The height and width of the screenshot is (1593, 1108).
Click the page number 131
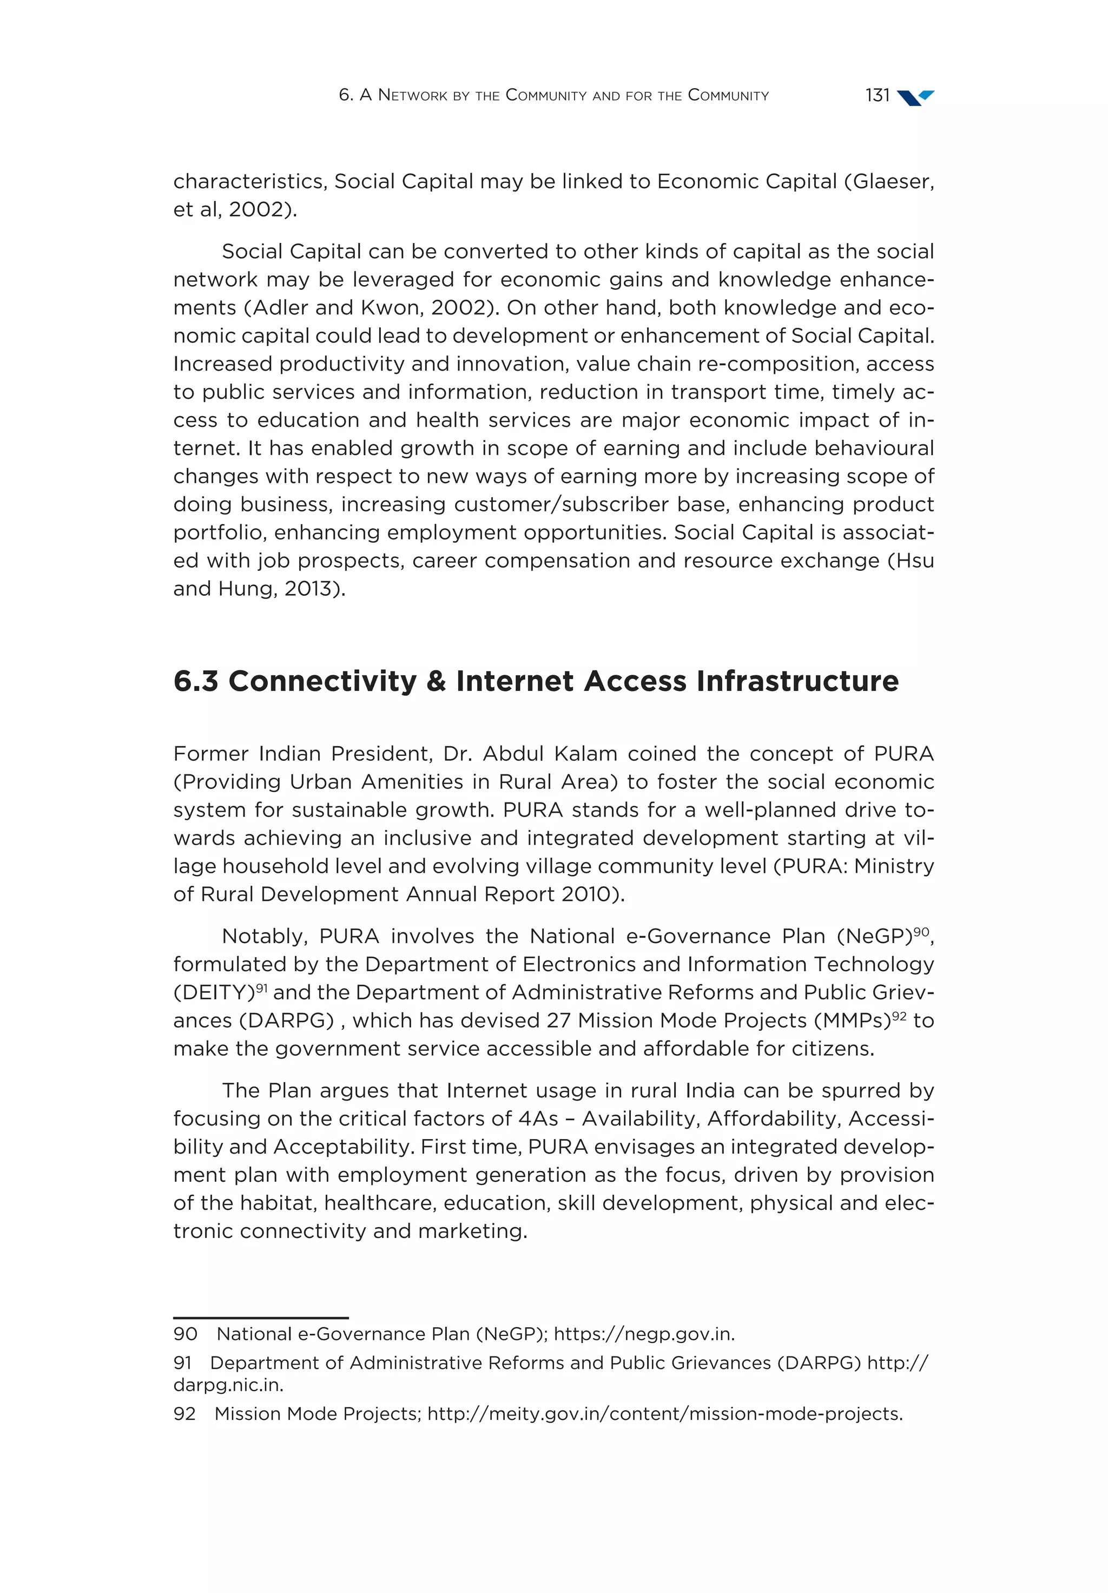[877, 96]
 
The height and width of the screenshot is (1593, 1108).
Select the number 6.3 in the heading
[196, 681]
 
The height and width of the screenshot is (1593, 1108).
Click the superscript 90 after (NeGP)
[921, 932]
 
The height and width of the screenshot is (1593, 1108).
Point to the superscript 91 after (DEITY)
[261, 988]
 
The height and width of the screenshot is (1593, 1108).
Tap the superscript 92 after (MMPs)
[899, 1016]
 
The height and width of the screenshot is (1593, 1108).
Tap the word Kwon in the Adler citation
[386, 307]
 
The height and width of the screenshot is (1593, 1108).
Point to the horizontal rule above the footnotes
[260, 1317]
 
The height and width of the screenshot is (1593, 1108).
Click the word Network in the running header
[413, 96]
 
